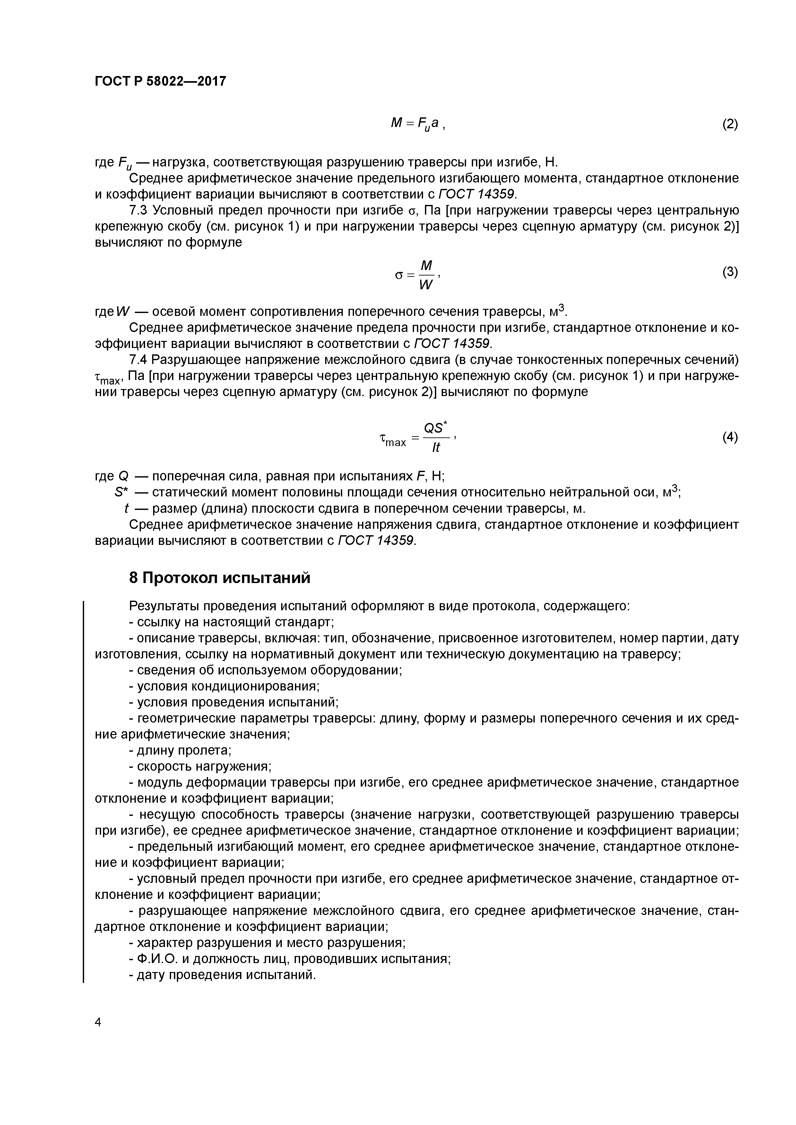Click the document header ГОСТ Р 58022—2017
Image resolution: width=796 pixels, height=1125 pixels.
pyautogui.click(x=160, y=81)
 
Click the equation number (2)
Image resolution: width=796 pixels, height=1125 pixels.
pyautogui.click(x=730, y=124)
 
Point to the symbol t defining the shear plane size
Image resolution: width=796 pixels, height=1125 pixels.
pyautogui.click(x=126, y=508)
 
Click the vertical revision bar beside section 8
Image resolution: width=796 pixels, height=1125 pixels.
pyautogui.click(x=83, y=789)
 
